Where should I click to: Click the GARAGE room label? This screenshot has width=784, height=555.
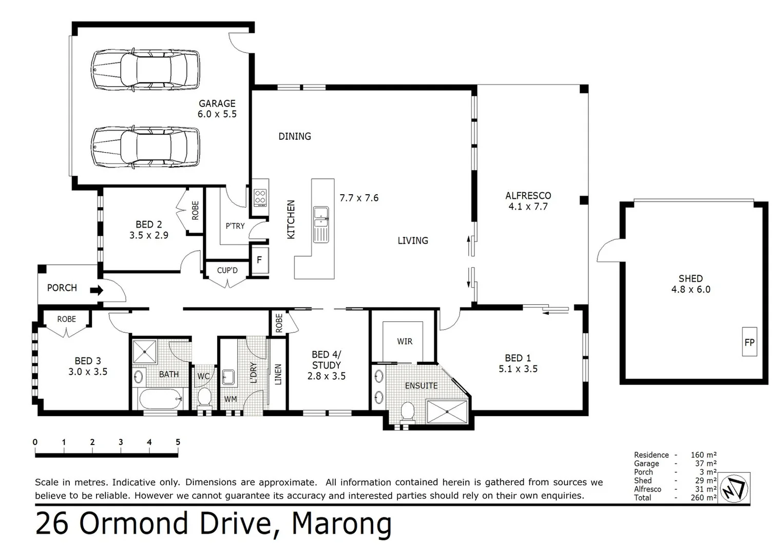217,103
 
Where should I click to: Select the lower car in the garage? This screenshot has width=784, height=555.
145,147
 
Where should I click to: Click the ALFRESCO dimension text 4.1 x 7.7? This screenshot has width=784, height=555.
528,207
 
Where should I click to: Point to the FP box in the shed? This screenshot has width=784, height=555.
750,342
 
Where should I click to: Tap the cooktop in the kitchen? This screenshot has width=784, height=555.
260,196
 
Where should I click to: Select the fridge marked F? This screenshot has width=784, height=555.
260,260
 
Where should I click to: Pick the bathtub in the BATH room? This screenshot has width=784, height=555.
161,399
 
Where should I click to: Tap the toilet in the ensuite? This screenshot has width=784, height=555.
407,412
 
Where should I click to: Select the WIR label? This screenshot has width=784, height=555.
405,341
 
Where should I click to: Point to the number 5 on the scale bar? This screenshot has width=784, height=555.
178,442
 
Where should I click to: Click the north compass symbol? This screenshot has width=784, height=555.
734,488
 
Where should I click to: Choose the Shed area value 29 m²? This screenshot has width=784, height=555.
705,480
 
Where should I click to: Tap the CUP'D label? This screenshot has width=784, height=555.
227,270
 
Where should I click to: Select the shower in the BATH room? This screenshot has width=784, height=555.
145,351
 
